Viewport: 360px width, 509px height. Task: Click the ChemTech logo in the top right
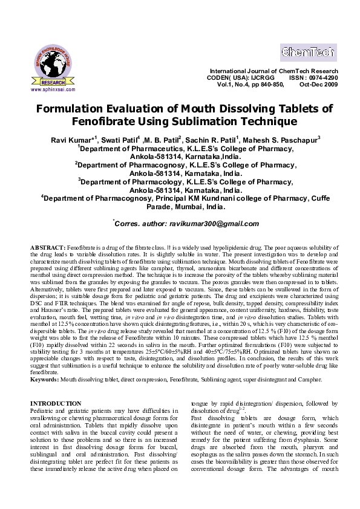[308, 52]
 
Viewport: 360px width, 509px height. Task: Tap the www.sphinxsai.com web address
[53, 89]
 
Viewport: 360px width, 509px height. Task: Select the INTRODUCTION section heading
[55, 403]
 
